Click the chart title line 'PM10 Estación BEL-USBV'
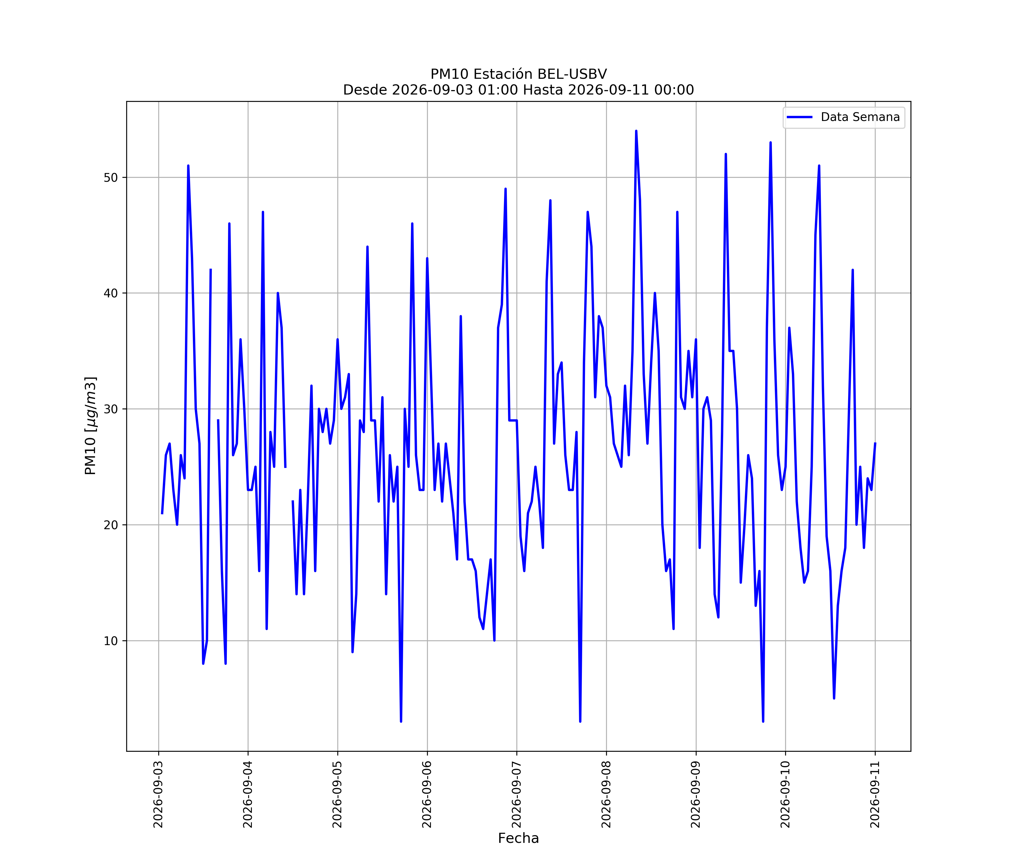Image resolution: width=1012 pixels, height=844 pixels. tap(519, 74)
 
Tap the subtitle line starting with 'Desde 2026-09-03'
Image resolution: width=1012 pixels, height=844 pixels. tap(519, 90)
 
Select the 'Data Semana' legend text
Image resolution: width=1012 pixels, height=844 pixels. tap(860, 117)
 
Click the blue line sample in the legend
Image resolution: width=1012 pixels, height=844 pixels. tap(799, 117)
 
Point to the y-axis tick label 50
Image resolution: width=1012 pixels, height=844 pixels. tap(111, 178)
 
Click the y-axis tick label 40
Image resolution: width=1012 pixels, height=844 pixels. tap(111, 293)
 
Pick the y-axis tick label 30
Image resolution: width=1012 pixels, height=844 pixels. tap(111, 409)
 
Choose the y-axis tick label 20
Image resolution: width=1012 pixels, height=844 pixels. tap(111, 525)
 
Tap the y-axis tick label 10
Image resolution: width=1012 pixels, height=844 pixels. tap(111, 641)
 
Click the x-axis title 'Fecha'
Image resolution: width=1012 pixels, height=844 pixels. tap(519, 838)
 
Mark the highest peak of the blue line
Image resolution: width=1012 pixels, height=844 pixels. tap(636, 131)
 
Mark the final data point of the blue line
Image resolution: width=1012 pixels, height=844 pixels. tap(875, 443)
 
